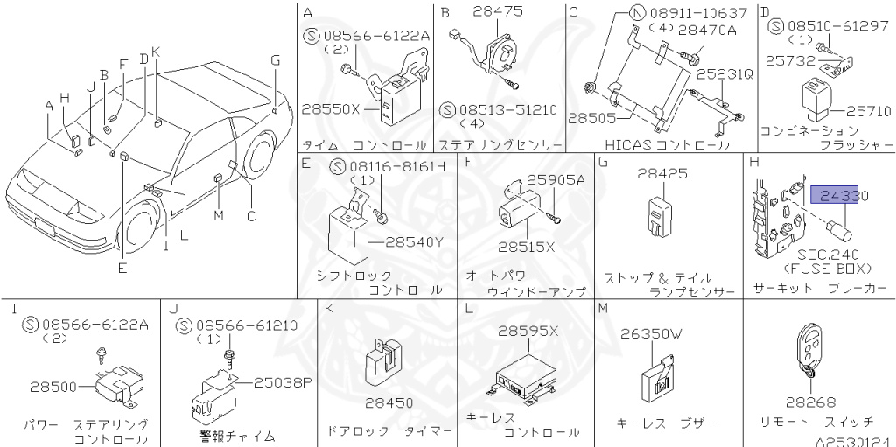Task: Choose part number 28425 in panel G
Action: click(x=661, y=174)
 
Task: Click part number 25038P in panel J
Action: click(x=283, y=381)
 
